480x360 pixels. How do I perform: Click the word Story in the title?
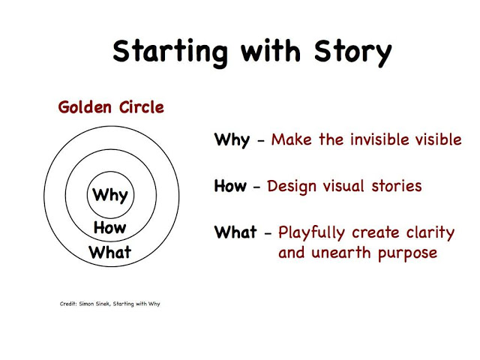tap(353, 52)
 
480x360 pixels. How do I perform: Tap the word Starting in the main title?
tap(170, 52)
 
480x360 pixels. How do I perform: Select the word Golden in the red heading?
tap(85, 107)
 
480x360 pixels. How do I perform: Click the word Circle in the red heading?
tap(142, 107)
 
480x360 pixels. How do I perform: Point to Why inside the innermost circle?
tap(110, 195)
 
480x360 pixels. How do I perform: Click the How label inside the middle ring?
tap(110, 227)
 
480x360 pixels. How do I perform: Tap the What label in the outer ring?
tap(110, 252)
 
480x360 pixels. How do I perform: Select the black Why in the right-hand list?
tap(232, 140)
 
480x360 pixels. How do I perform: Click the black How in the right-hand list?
tap(230, 186)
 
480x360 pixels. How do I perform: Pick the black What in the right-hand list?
tap(235, 232)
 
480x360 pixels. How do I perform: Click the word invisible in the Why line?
tap(379, 139)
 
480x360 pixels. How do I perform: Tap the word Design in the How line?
tap(292, 187)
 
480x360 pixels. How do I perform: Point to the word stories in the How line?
tap(397, 186)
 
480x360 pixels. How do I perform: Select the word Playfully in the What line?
tap(312, 233)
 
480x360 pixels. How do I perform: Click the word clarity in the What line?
tap(430, 233)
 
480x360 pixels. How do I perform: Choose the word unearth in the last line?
tap(341, 253)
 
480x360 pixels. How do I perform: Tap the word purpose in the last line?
tap(407, 254)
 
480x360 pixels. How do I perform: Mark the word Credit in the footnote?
tap(68, 304)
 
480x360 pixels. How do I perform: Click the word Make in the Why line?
tap(292, 139)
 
